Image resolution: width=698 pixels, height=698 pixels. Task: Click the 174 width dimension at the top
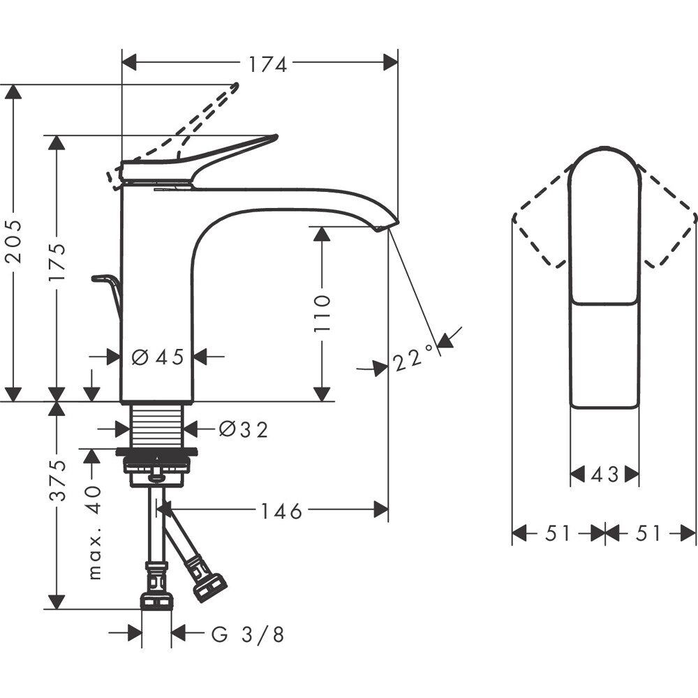[x=268, y=64]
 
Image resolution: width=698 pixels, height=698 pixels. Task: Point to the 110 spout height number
[x=322, y=313]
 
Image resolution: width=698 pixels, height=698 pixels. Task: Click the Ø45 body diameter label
[x=158, y=357]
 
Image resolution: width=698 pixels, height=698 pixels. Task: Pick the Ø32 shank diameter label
[x=243, y=429]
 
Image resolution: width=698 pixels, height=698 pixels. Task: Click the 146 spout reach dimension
[x=281, y=512]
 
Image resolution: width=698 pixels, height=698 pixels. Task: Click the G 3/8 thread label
[x=248, y=634]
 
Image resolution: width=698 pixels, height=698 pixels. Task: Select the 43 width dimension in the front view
[x=604, y=475]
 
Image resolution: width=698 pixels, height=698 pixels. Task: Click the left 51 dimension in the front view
[x=558, y=534]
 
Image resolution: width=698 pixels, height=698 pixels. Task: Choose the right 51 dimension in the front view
[x=648, y=534]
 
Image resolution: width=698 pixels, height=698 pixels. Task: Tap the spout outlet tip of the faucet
[x=381, y=228]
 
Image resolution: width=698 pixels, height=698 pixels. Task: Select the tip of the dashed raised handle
[x=235, y=87]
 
